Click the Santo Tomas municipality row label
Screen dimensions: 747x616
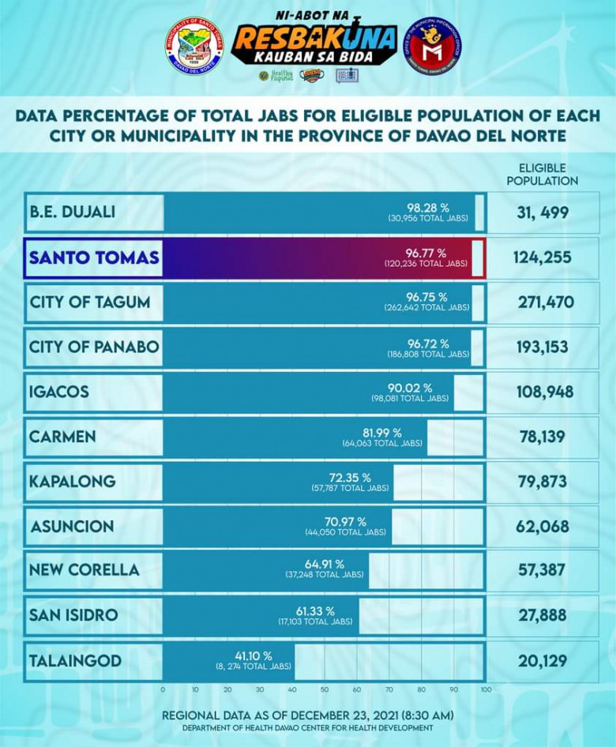point(94,257)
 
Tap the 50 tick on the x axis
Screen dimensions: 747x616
point(325,689)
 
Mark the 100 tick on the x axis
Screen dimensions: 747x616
point(485,689)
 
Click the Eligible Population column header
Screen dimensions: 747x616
point(547,175)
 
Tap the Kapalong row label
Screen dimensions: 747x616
point(72,482)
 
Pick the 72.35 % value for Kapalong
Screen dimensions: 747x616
point(350,477)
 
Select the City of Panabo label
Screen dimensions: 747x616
point(94,347)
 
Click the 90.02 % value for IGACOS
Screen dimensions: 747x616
point(411,387)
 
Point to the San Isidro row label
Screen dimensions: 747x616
point(73,615)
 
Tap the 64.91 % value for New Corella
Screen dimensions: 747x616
point(325,566)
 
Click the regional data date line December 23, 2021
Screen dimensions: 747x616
point(308,715)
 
